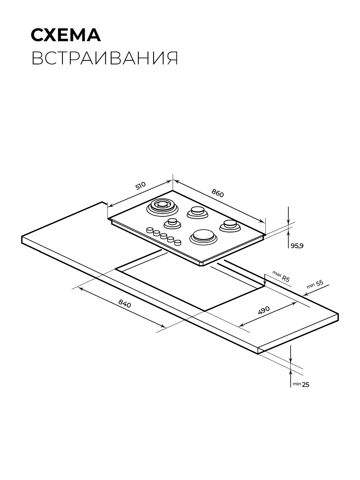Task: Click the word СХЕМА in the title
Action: pos(66,35)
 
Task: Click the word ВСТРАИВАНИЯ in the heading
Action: pos(105,58)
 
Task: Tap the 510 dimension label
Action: pos(140,186)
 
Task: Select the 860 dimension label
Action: pos(218,193)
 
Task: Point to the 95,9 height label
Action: pos(297,246)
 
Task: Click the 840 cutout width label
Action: pos(125,303)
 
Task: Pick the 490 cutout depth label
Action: pos(264,310)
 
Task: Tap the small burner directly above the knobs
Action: pos(172,224)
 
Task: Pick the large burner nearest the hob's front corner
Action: pos(204,237)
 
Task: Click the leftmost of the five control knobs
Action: pos(150,230)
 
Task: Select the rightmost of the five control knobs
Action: pos(178,242)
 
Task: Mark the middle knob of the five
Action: pos(164,236)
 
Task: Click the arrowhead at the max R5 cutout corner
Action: pos(264,284)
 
